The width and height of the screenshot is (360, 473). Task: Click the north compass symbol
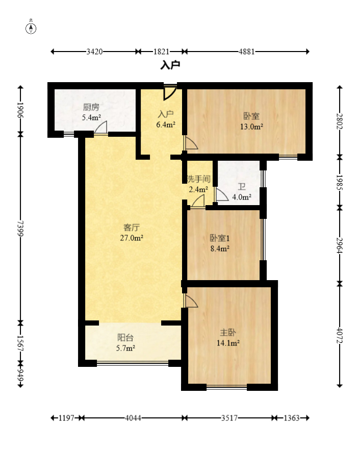pos(31,28)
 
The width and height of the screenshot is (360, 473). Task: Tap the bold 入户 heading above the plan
pos(170,65)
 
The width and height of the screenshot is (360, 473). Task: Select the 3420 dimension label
pos(94,52)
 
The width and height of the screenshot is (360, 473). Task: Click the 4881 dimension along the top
pos(247,52)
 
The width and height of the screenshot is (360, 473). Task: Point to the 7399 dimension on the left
pos(20,229)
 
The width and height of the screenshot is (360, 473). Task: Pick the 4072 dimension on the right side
pos(340,335)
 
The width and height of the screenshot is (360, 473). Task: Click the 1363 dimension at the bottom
pos(292,418)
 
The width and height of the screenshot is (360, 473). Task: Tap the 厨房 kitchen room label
pos(91,107)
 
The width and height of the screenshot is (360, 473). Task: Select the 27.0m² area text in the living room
pos(132,238)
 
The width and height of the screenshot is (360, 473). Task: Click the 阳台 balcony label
pos(125,338)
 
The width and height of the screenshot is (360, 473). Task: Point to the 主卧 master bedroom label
pos(228,333)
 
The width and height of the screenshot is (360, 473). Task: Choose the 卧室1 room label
pos(220,238)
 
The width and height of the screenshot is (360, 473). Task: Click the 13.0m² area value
pos(251,127)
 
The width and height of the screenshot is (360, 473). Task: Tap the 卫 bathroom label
pos(242,187)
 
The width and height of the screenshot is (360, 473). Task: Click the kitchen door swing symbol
pos(100,127)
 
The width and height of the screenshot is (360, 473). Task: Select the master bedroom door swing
pos(191,301)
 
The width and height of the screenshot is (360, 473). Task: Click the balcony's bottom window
pos(133,363)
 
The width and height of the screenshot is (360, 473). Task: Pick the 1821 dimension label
pos(161,52)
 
